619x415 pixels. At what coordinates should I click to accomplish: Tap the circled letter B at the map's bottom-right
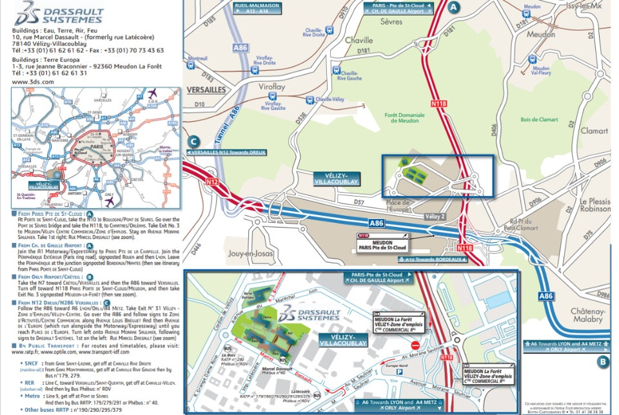click(x=602, y=362)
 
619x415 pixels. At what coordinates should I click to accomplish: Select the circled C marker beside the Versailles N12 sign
click(x=192, y=143)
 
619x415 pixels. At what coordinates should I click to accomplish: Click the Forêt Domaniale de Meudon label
click(x=404, y=119)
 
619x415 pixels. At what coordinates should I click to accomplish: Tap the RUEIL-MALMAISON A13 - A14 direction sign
click(x=257, y=8)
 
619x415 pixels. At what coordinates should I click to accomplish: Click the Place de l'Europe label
click(x=397, y=206)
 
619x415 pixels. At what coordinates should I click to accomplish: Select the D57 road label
click(x=359, y=202)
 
